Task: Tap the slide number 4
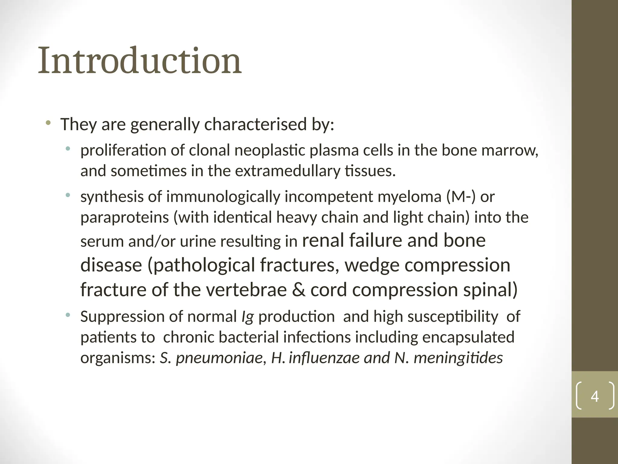click(x=594, y=397)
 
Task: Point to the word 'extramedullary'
click(x=288, y=171)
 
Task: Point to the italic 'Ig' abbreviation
click(x=247, y=317)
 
